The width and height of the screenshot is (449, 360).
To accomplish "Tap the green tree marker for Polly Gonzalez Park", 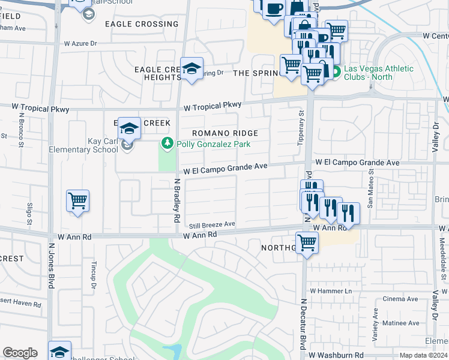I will pyautogui.click(x=167, y=144).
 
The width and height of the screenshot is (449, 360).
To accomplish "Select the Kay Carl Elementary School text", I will pyautogui.click(x=88, y=145).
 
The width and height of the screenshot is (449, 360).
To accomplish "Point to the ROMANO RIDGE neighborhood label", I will pyautogui.click(x=225, y=133).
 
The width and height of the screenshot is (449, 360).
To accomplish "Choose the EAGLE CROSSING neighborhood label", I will pyautogui.click(x=142, y=24).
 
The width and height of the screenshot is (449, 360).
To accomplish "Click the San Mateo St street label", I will pyautogui.click(x=371, y=188).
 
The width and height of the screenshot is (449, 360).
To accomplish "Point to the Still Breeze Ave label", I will pyautogui.click(x=212, y=225).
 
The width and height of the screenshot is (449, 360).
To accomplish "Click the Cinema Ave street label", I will pyautogui.click(x=400, y=299).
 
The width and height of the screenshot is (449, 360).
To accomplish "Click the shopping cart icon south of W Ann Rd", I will pyautogui.click(x=307, y=243).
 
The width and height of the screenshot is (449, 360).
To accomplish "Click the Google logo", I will pyautogui.click(x=20, y=353).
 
